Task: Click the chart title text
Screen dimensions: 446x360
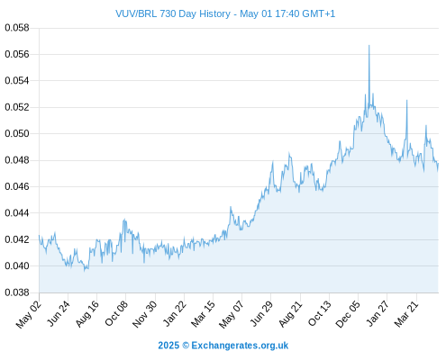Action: pyautogui.click(x=225, y=13)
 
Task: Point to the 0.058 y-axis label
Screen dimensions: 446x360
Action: pyautogui.click(x=17, y=28)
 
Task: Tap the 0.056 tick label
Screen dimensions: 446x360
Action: pyautogui.click(x=17, y=54)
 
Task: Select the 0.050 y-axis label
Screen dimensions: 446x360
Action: pyautogui.click(x=17, y=133)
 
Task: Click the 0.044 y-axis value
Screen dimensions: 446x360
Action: pyautogui.click(x=17, y=213)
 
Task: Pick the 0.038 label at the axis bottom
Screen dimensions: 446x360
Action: pyautogui.click(x=17, y=292)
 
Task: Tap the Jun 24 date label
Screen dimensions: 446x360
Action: pyautogui.click(x=58, y=313)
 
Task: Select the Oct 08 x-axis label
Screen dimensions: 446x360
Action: pyautogui.click(x=116, y=313)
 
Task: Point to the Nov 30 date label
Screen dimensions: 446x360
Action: pyautogui.click(x=145, y=314)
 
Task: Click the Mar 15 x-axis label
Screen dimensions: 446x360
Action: pyautogui.click(x=203, y=314)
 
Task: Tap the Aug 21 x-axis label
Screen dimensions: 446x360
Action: pyautogui.click(x=290, y=314)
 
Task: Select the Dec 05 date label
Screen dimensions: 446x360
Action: pyautogui.click(x=348, y=314)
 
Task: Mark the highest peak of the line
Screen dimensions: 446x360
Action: pyautogui.click(x=369, y=46)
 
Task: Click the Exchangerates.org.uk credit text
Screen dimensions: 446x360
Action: pyautogui.click(x=240, y=346)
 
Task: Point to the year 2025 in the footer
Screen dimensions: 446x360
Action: pyautogui.click(x=168, y=346)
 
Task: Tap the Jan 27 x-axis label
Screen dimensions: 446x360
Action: pyautogui.click(x=378, y=313)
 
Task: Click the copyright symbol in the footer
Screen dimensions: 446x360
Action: pyautogui.click(x=186, y=346)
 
